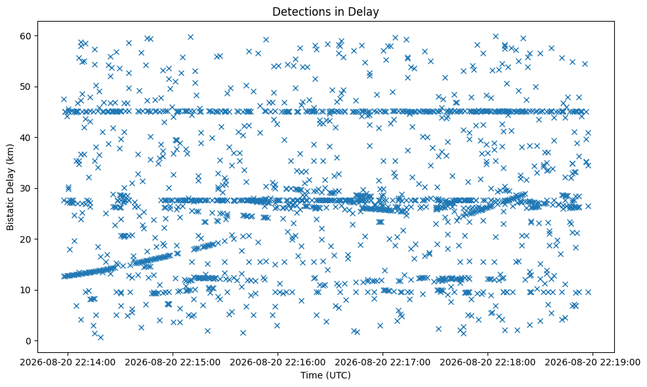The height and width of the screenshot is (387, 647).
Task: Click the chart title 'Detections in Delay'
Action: pos(325,12)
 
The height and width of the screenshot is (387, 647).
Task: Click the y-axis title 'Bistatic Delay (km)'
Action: pos(10,188)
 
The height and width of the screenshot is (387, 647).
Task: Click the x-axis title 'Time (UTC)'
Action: pos(325,375)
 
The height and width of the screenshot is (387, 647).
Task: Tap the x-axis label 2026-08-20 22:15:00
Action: pos(173,363)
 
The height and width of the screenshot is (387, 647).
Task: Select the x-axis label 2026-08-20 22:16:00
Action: pos(278,363)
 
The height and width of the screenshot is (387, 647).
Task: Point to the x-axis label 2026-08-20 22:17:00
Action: pos(383,363)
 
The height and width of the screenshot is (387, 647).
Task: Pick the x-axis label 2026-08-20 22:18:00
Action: pos(488,363)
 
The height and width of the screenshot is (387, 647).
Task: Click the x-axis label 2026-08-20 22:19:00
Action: pos(593,363)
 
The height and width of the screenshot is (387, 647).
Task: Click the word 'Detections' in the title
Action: pos(300,12)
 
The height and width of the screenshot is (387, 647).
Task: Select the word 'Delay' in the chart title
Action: pos(366,12)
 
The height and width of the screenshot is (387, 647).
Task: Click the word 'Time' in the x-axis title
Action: pos(310,375)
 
